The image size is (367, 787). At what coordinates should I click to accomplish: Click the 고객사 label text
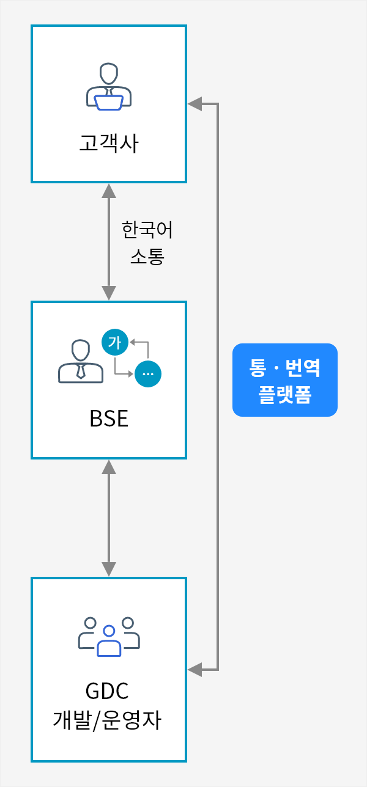[x=109, y=144]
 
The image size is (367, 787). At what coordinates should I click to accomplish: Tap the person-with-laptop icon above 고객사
[x=109, y=87]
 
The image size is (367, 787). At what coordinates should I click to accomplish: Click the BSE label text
[x=109, y=419]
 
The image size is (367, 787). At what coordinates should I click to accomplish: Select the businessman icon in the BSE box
[x=80, y=362]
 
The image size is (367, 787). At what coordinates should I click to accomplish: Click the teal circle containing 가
[x=115, y=342]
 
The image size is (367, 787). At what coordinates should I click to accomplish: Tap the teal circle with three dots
[x=148, y=374]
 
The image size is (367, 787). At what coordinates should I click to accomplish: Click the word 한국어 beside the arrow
[x=147, y=230]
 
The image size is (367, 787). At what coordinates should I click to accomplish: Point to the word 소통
[x=147, y=256]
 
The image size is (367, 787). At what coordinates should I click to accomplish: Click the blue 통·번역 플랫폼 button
[x=285, y=380]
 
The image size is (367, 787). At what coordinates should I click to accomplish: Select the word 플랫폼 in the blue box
[x=285, y=395]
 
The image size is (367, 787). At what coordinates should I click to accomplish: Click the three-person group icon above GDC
[x=109, y=636]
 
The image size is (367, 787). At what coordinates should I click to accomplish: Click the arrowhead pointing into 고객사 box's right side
[x=194, y=104]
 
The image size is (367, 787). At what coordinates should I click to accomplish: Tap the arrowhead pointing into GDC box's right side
[x=194, y=670]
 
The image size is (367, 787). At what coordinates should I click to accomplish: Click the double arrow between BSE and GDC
[x=109, y=518]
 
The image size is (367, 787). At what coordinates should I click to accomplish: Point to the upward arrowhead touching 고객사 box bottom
[x=109, y=189]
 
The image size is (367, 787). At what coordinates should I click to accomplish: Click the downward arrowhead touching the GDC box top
[x=109, y=569]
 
